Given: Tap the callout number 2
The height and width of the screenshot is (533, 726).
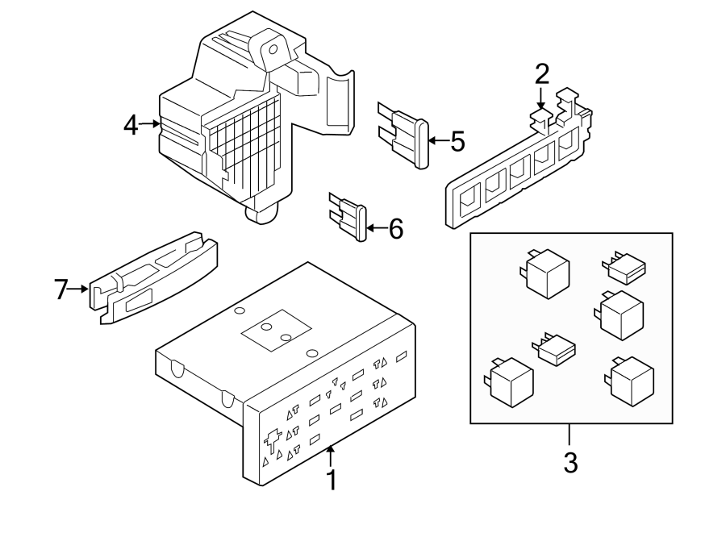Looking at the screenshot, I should coord(542,74).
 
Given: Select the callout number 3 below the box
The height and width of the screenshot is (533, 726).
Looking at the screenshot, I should coord(570,463).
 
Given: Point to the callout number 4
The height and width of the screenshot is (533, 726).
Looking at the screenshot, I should coord(131,125).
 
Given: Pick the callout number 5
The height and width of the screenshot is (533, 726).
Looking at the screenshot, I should coord(457,142).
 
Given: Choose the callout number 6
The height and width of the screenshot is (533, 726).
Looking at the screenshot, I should coord(395,229).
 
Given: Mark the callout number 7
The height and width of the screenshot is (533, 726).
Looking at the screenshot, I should coord(61,289).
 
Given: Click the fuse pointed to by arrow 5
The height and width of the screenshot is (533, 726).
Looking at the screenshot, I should coord(407,135).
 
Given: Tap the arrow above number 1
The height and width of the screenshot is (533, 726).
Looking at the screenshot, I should coord(330,457).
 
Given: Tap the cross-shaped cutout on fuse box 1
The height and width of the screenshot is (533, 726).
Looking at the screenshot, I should coord(272,439).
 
